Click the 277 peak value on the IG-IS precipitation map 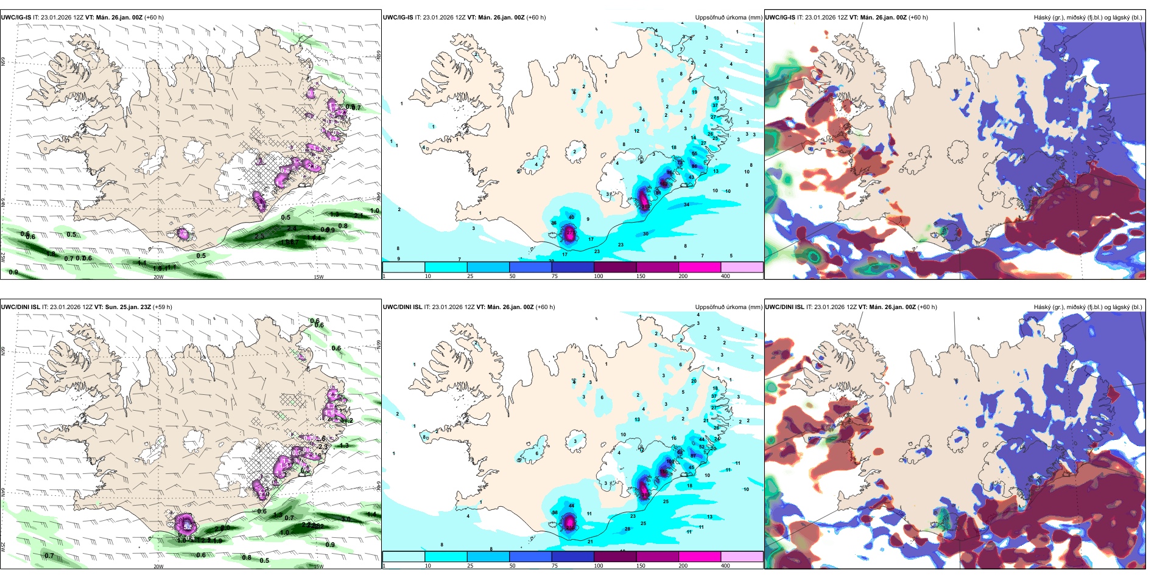570,232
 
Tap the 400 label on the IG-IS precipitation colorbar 725,276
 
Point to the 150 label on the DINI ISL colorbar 641,566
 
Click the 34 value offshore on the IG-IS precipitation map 686,204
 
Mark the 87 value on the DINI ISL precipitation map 693,455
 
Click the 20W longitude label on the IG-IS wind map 158,277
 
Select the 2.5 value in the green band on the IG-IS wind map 259,236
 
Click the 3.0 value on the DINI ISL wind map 346,519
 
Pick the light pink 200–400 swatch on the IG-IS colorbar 742,267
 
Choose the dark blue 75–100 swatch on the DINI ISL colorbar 572,557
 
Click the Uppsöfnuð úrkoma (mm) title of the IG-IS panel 728,18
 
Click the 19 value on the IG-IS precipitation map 694,92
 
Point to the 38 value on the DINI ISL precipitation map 555,513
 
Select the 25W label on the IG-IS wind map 4,257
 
